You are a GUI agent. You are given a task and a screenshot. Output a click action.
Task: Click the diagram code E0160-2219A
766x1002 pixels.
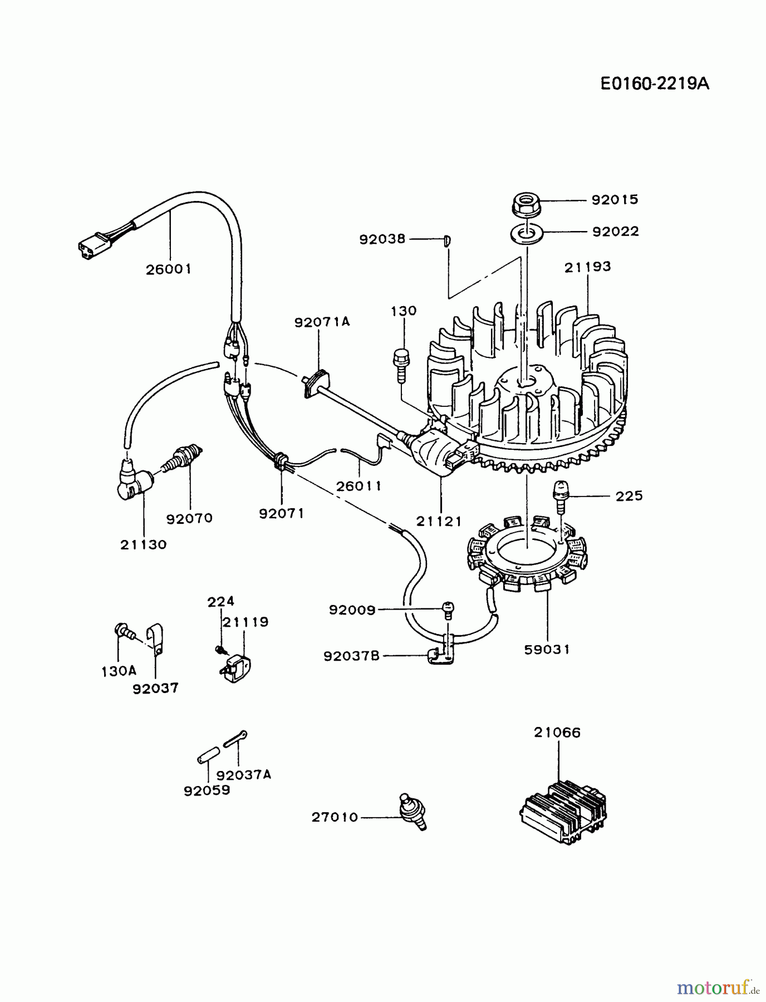click(655, 83)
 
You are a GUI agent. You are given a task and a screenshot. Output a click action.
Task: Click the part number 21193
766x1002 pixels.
click(587, 267)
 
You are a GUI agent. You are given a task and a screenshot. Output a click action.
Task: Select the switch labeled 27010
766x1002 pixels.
click(414, 811)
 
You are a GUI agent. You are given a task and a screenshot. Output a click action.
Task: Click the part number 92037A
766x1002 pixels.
click(244, 775)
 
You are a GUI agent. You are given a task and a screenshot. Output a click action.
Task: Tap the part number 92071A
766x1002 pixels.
click(322, 322)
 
